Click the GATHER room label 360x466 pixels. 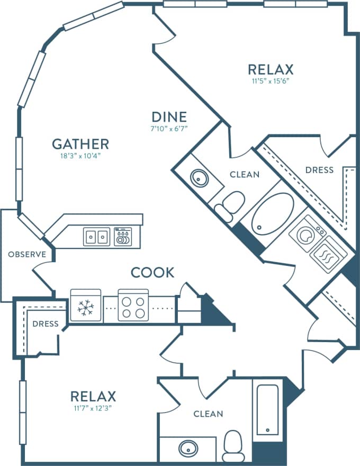coord(80,144)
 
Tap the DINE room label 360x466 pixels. coord(169,116)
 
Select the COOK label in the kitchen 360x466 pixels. coord(152,273)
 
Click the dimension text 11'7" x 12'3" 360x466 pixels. coord(93,408)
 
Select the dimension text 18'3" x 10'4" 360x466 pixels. coord(80,156)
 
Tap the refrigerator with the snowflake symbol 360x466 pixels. coord(85,306)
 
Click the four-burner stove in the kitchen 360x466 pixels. coord(133,306)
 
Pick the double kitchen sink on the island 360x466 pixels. coord(96,237)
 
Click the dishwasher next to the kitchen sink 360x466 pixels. coord(123,237)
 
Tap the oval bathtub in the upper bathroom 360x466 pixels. coord(272,213)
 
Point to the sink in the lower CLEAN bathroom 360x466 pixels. coord(187,449)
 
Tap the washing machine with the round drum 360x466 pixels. coord(307,234)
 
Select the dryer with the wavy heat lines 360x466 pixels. coord(328,255)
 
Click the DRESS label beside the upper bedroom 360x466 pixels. coord(319,170)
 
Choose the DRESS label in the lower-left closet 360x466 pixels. coord(46,324)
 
